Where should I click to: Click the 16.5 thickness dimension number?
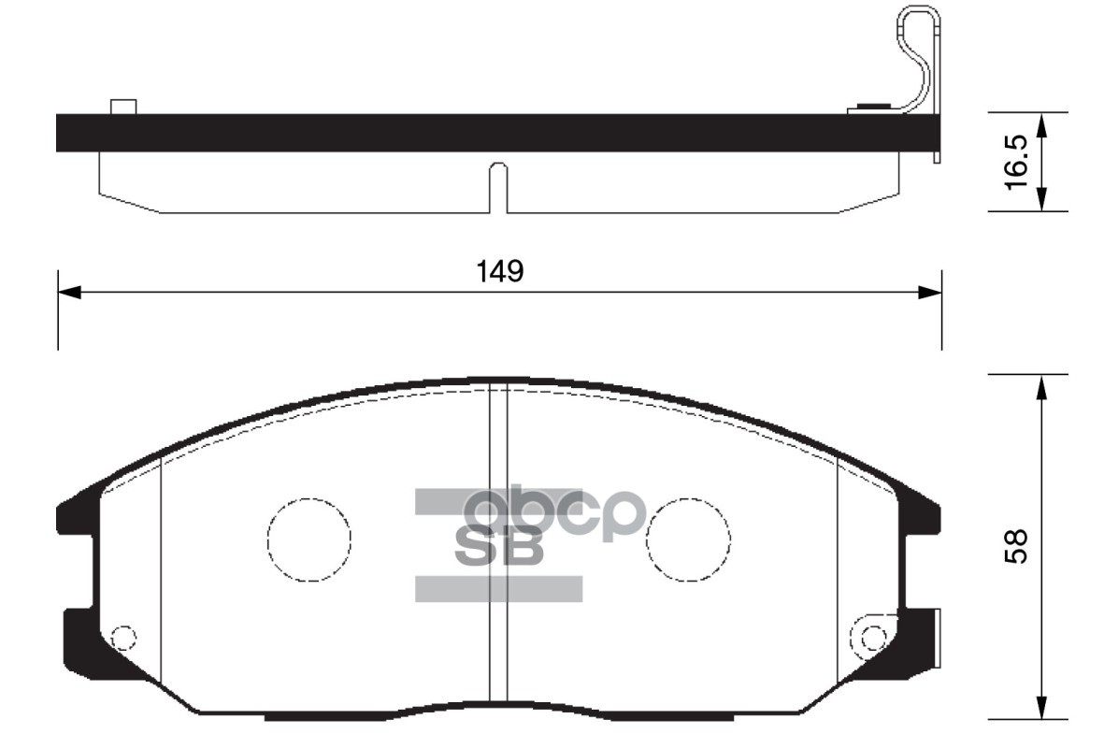coord(1017,161)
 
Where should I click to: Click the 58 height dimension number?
coord(1017,546)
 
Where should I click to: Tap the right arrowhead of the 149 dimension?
coord(930,293)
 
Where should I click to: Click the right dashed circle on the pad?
coord(689,538)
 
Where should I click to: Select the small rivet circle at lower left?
coord(123,639)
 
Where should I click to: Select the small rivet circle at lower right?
coord(873,639)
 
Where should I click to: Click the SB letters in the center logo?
coord(498,545)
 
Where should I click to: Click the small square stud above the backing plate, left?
coord(123,106)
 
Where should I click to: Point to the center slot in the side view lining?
coord(499,187)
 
